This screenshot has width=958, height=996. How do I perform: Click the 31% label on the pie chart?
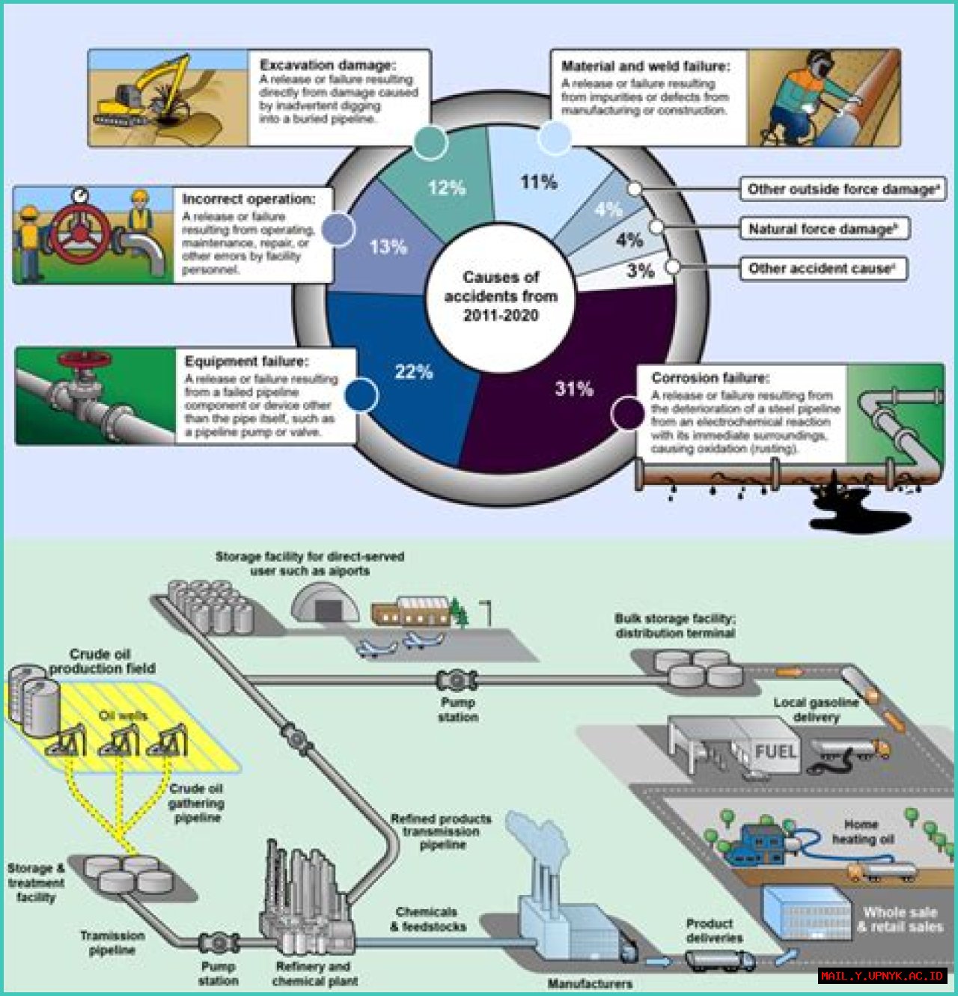click(574, 388)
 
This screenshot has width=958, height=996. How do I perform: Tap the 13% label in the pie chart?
click(388, 247)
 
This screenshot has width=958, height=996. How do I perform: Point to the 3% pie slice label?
click(641, 271)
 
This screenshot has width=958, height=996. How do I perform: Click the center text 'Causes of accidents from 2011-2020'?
click(501, 296)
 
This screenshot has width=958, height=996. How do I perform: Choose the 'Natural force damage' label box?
click(823, 229)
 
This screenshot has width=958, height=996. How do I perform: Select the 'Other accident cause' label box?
click(822, 269)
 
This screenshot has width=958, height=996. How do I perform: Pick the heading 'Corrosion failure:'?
click(710, 378)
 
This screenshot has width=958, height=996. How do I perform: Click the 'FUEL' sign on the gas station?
click(775, 751)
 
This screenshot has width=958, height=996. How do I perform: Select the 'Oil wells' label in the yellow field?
click(123, 715)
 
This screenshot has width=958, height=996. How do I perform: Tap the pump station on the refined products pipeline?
click(457, 680)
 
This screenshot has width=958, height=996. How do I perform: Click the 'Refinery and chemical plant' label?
click(314, 973)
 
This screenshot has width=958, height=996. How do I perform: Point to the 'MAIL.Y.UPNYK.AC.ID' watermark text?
click(882, 976)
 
